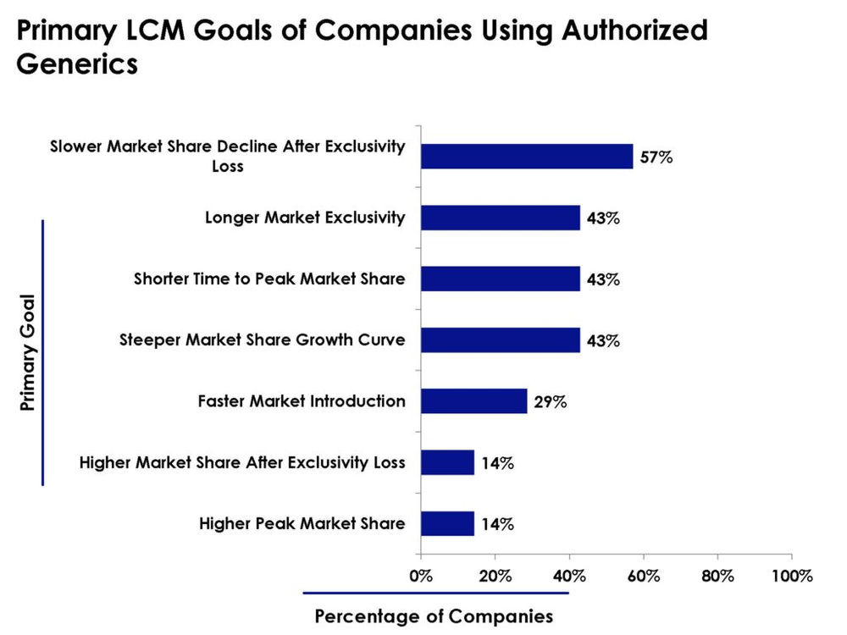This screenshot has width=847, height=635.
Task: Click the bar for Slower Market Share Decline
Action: click(526, 157)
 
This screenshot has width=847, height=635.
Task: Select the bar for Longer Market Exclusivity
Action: click(500, 218)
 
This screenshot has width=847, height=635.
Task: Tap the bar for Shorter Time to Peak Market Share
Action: click(500, 279)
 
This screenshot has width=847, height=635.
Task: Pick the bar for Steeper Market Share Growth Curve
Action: click(500, 340)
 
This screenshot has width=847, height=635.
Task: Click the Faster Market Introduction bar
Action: click(473, 401)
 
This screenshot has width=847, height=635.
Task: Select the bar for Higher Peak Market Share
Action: click(447, 523)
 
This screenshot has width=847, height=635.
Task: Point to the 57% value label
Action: click(656, 157)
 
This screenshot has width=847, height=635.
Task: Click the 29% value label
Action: click(551, 401)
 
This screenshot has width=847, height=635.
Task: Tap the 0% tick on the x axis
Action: click(421, 577)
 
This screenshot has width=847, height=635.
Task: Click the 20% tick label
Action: click(495, 577)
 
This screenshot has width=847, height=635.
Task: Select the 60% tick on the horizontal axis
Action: click(644, 577)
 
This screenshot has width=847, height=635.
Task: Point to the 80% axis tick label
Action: click(717, 577)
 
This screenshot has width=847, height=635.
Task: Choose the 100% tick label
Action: click(791, 577)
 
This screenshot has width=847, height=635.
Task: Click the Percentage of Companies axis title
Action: click(435, 616)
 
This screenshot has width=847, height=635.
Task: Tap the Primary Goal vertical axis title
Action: click(27, 352)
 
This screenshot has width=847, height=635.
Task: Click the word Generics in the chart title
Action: click(77, 63)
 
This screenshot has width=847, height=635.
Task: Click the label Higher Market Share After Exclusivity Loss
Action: click(242, 462)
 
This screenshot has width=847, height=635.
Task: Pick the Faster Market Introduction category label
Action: click(302, 401)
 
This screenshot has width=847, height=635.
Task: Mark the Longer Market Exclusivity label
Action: click(305, 218)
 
